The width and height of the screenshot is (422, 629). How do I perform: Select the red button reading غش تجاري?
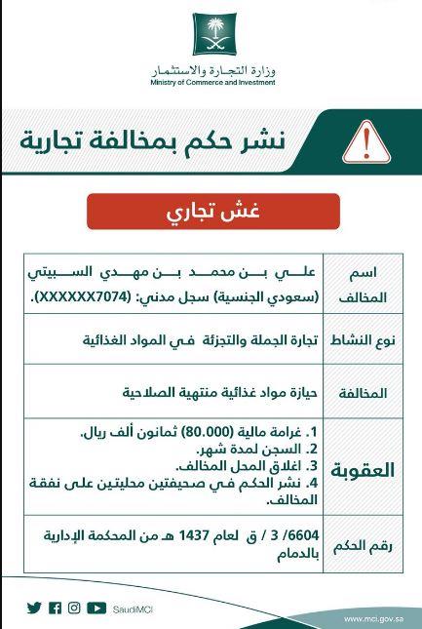coord(212,211)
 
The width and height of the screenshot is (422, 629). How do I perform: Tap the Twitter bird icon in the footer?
coord(35,608)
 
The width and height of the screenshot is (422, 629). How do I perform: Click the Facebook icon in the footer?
coord(55,608)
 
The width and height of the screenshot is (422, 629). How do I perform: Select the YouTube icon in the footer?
coord(96,608)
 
